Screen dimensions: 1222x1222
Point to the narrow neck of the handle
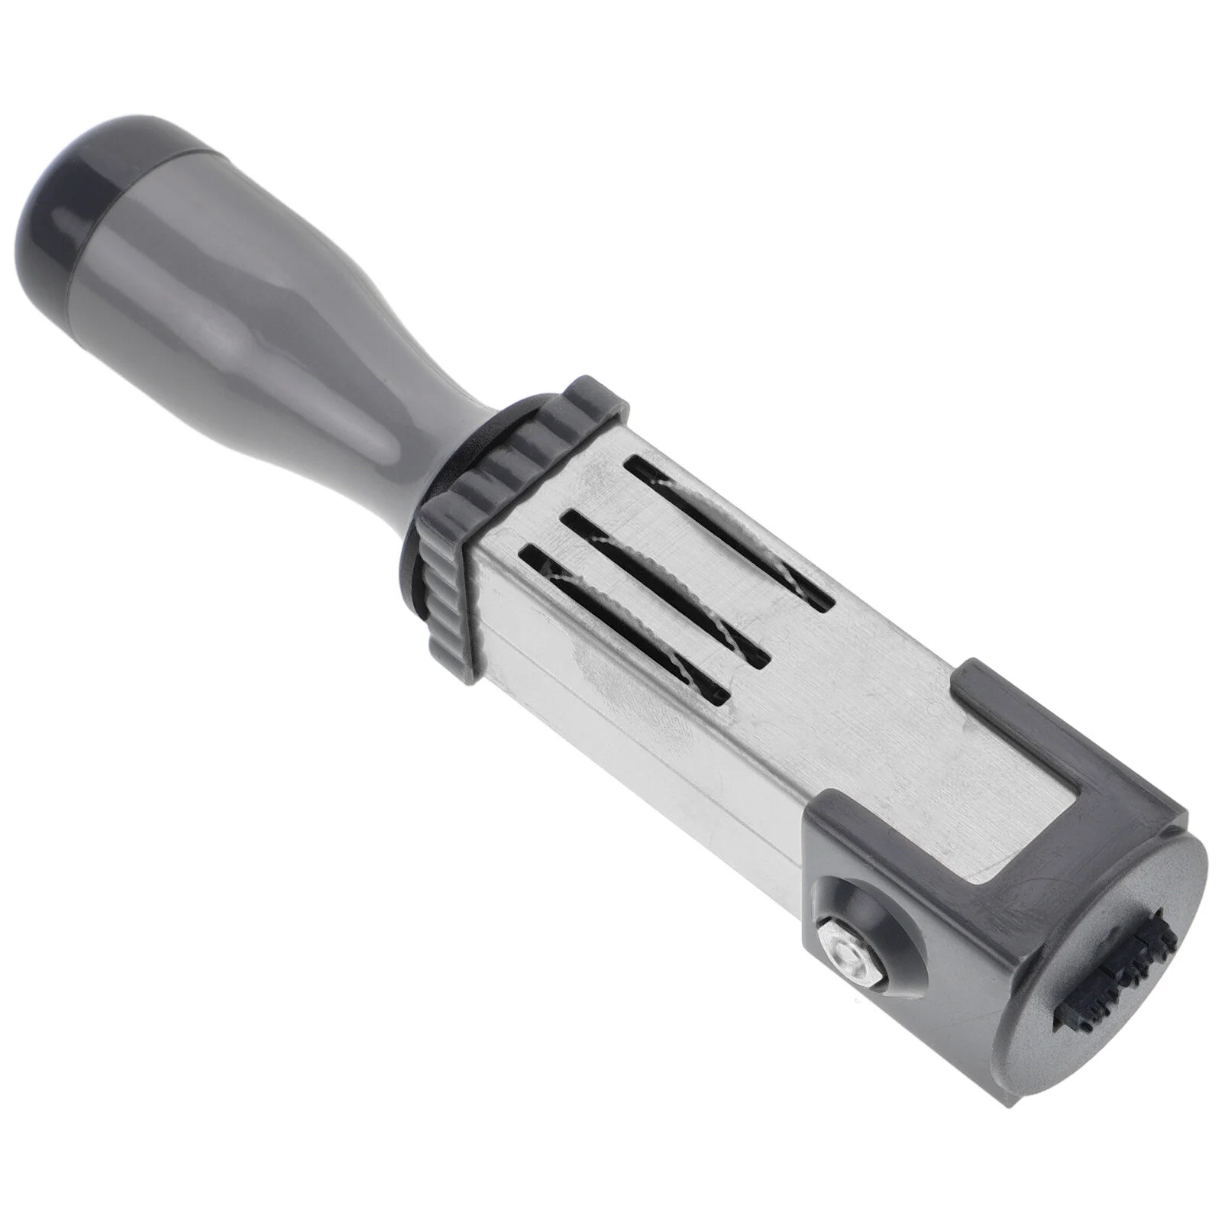click(412, 428)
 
